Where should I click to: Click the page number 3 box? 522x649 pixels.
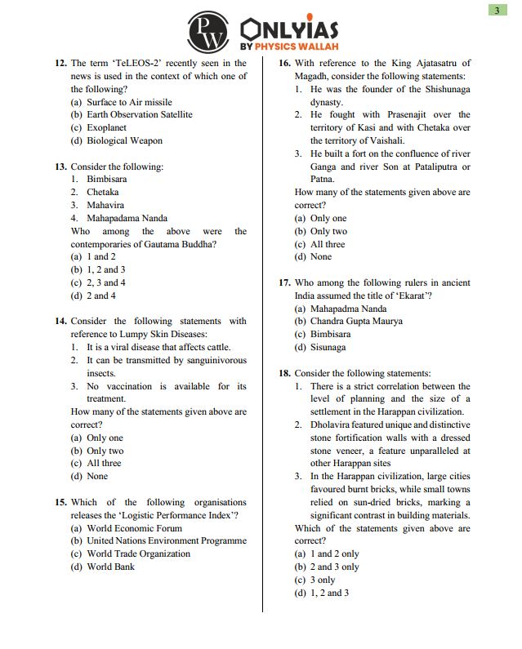pyautogui.click(x=497, y=10)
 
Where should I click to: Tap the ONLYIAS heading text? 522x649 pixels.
pyautogui.click(x=290, y=30)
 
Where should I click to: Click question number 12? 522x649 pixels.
pyautogui.click(x=60, y=63)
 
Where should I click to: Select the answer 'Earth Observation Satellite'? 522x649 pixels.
pyautogui.click(x=139, y=115)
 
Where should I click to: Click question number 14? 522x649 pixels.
pyautogui.click(x=60, y=322)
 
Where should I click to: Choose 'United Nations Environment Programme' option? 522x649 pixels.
pyautogui.click(x=167, y=540)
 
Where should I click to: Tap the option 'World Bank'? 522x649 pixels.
pyautogui.click(x=110, y=567)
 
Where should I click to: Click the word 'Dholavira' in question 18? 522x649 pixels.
pyautogui.click(x=329, y=425)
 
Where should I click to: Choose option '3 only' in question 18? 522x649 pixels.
pyautogui.click(x=323, y=580)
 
